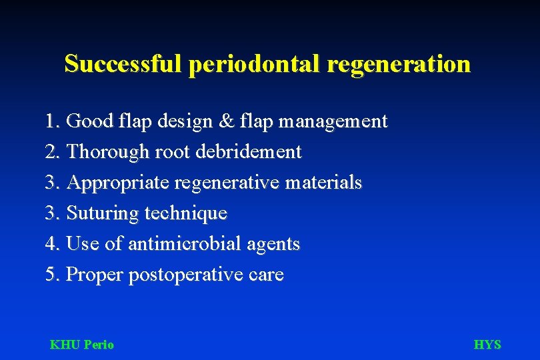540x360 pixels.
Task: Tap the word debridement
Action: (249, 151)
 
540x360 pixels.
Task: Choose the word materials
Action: (325, 182)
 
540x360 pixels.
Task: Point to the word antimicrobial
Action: (185, 244)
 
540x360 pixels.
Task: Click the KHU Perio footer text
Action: (82, 345)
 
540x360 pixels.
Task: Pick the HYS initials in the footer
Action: (487, 345)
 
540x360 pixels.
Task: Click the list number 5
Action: (51, 275)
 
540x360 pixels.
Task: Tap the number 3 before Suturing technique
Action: (51, 213)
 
